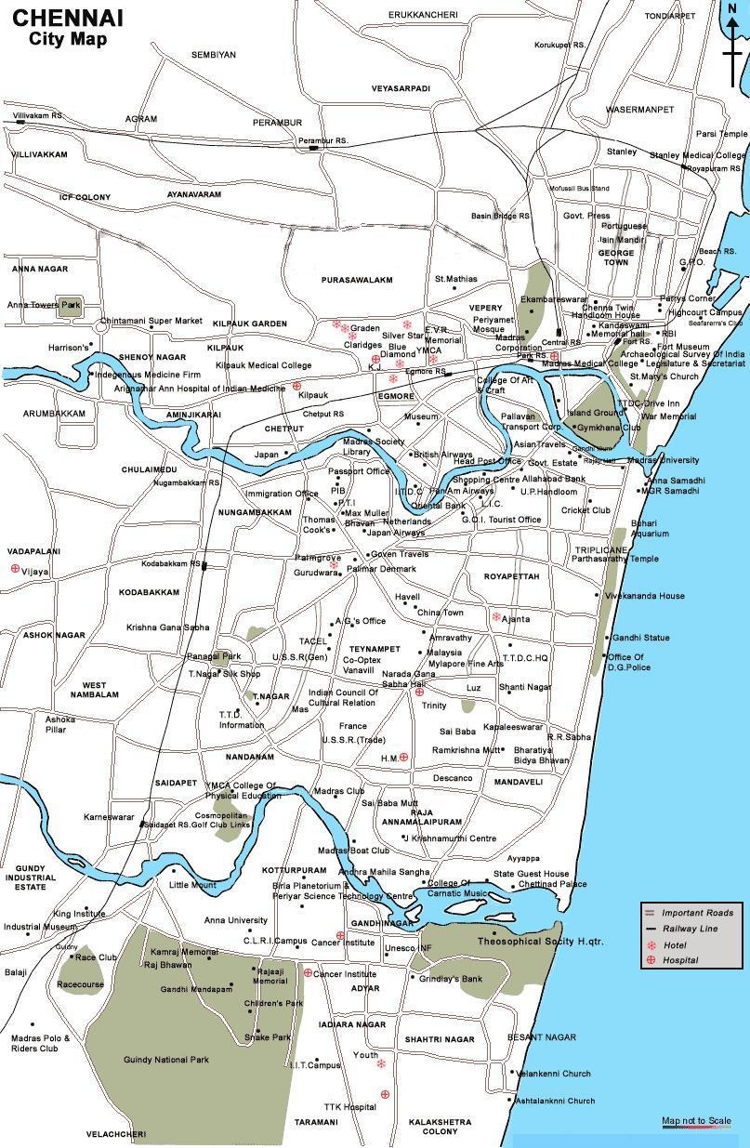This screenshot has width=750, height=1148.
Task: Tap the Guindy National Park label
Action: [165, 1059]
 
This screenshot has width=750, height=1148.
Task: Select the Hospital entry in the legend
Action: [680, 960]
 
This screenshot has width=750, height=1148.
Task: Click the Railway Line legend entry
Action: [690, 929]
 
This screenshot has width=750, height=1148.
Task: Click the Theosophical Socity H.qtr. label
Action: [540, 942]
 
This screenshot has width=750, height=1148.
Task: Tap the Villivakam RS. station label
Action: [38, 115]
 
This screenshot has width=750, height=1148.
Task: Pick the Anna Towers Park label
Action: [44, 305]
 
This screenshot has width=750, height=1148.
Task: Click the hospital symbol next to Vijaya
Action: [14, 568]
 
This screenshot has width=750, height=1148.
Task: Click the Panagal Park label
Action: [214, 656]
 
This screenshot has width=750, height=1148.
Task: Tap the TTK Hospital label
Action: [349, 1106]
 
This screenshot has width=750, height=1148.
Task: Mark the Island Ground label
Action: [595, 413]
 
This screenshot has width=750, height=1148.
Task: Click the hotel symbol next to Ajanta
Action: [496, 616]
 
